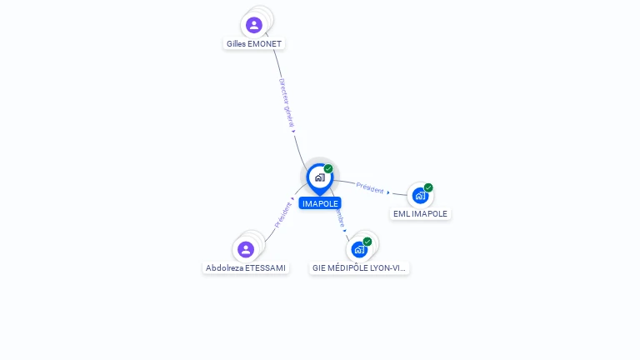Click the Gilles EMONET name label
coord(254,43)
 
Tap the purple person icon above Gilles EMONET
coord(254,25)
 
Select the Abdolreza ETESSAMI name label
coord(246,268)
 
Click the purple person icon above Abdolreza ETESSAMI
coord(245,249)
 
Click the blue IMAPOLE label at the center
coord(320,203)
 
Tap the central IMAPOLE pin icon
coord(319,177)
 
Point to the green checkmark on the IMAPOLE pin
coord(328,169)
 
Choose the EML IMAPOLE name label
coord(420,214)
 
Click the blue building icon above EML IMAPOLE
coord(419,196)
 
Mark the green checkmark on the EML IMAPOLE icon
coord(428,187)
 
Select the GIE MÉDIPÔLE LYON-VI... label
coord(359,268)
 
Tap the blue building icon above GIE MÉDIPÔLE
coord(358,249)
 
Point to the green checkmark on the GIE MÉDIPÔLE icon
coord(367,242)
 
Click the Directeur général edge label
coord(286,103)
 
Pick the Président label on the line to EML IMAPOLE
coord(370,188)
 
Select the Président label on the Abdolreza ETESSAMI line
coord(283,216)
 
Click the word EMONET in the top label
coord(266,43)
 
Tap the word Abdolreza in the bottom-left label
coord(224,268)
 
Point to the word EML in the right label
coord(402,214)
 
